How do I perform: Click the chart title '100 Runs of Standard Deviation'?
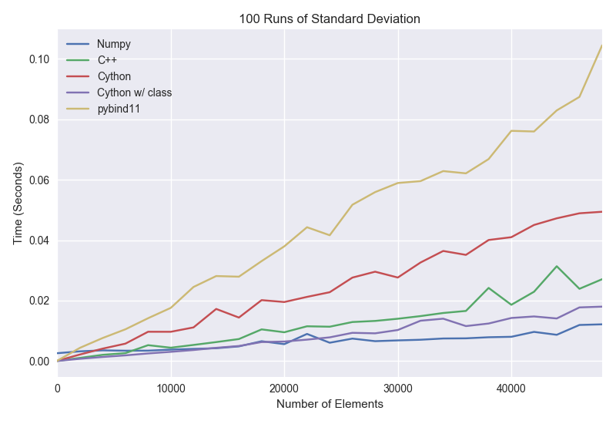pos(330,19)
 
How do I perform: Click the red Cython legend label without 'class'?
pos(114,76)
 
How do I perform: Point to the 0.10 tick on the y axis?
pos(39,59)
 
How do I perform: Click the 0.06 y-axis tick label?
pos(39,180)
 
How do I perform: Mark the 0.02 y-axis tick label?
pos(39,301)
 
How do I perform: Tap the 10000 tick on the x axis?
pos(171,389)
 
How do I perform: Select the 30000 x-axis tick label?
pos(398,389)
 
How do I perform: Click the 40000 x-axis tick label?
pos(511,389)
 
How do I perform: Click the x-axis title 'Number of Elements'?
pos(330,404)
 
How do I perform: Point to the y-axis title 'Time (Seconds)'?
pos(18,203)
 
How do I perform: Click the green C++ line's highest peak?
pos(556,266)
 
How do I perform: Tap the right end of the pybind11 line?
pos(601,45)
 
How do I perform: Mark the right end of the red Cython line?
pos(601,211)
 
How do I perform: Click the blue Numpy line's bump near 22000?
pos(306,334)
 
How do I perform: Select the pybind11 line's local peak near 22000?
pos(306,227)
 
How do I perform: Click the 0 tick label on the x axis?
pos(58,389)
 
